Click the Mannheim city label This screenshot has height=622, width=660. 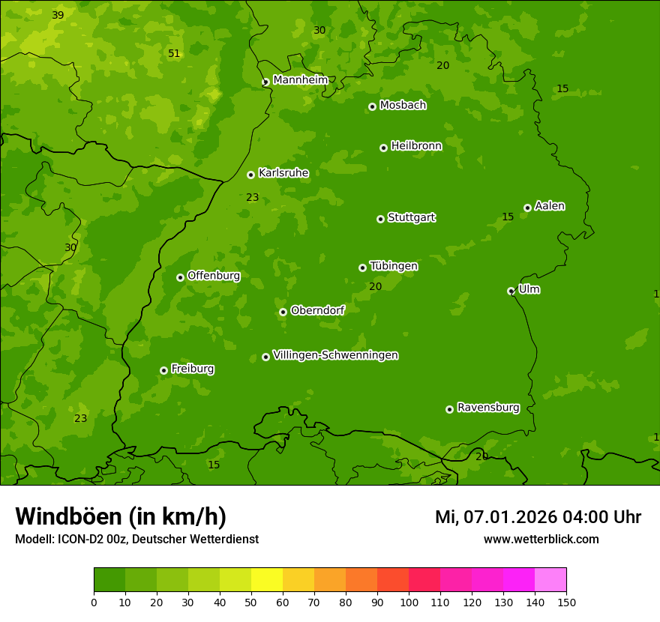(x=300, y=79)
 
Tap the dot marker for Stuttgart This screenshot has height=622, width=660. (x=380, y=219)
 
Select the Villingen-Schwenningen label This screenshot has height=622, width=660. (x=335, y=355)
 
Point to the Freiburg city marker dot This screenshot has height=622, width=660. (x=163, y=370)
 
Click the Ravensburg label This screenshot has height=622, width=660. (x=488, y=408)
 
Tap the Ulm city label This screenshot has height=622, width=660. (x=529, y=289)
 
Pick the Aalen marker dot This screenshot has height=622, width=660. (x=527, y=208)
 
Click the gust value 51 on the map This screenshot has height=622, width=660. (x=174, y=54)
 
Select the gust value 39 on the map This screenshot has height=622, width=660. (x=58, y=16)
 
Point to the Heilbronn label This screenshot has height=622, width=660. (x=416, y=146)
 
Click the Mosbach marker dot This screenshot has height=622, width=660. (x=372, y=106)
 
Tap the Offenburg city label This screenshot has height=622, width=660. (x=214, y=276)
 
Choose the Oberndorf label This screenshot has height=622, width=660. (x=317, y=310)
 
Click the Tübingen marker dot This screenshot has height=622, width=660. (x=362, y=268)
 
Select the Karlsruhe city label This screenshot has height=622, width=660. (x=283, y=173)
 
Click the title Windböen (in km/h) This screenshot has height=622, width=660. (x=120, y=516)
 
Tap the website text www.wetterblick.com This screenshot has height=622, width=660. (x=541, y=540)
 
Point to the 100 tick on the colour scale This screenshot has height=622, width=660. (x=409, y=601)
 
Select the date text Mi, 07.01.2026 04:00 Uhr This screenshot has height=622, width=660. (x=538, y=517)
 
